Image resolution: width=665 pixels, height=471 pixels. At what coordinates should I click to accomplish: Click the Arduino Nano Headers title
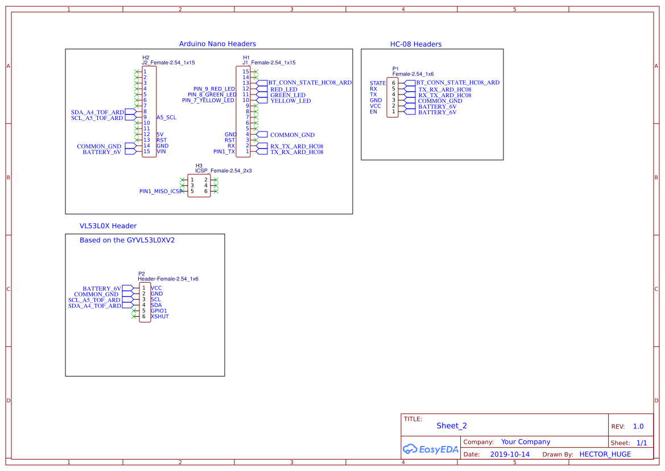(x=217, y=44)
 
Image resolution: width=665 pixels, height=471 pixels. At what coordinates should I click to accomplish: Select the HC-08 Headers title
(x=415, y=44)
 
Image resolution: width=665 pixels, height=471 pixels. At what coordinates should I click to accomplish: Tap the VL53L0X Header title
(x=108, y=226)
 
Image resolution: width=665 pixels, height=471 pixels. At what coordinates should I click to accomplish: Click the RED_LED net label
(x=283, y=89)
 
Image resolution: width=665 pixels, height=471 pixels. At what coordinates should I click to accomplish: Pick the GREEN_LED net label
(x=287, y=95)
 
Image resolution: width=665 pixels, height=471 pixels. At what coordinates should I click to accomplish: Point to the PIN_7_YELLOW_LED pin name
(x=208, y=101)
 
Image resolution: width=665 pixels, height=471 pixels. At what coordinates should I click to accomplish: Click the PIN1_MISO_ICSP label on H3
(x=161, y=192)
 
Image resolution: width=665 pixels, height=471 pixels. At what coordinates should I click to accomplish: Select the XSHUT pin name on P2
(x=160, y=316)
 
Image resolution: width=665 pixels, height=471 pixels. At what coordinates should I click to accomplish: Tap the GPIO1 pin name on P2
(x=159, y=311)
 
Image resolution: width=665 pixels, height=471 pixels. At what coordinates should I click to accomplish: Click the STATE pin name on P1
(x=377, y=83)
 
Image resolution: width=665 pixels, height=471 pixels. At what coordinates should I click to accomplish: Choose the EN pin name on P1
(x=373, y=112)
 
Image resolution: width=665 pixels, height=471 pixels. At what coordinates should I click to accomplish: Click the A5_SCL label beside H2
(x=166, y=118)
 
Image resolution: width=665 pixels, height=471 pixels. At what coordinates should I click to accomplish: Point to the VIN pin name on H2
(x=162, y=152)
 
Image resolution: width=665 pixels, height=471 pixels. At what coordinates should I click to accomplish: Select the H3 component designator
(x=199, y=166)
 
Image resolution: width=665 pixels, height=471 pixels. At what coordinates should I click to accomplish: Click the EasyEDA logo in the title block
(x=430, y=449)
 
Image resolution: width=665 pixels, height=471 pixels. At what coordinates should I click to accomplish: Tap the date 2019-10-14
(x=509, y=455)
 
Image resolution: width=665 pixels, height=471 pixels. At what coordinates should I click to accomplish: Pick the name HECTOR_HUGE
(x=605, y=455)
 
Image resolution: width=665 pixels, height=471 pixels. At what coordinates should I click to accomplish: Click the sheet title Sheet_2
(x=452, y=425)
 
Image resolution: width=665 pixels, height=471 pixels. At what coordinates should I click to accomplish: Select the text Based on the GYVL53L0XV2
(x=127, y=240)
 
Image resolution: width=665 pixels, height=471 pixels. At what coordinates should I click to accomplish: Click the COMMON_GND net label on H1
(x=292, y=135)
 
